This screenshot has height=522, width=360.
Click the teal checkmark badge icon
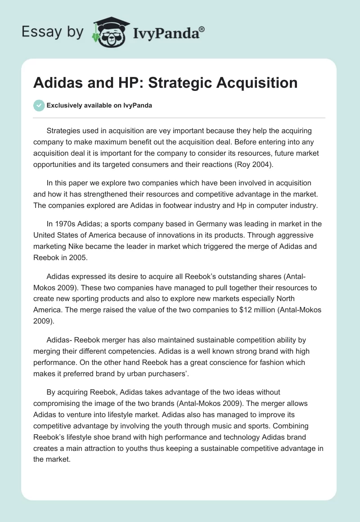(39, 105)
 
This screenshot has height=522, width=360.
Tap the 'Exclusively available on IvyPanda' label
(99, 105)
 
